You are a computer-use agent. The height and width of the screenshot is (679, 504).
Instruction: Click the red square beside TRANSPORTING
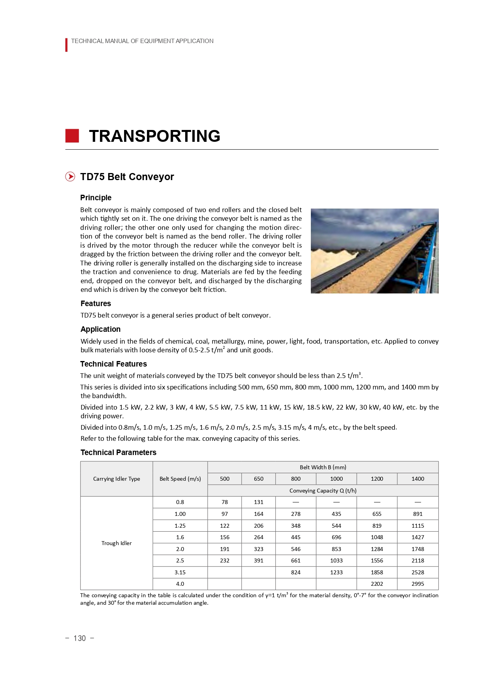click(x=72, y=136)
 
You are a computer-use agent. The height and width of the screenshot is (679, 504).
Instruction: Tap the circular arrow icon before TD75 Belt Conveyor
click(x=70, y=177)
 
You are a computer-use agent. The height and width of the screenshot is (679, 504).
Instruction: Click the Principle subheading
click(x=96, y=197)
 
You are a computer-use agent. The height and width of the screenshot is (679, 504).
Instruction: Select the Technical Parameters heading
click(x=118, y=452)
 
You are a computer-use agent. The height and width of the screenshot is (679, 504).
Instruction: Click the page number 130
click(x=79, y=638)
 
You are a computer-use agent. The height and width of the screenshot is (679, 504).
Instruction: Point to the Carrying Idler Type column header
click(x=117, y=479)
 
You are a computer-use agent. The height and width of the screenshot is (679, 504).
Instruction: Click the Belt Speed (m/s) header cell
click(x=180, y=479)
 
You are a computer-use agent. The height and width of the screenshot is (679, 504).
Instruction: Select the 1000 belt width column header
click(x=336, y=479)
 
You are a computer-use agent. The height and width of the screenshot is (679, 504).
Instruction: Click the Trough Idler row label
click(x=117, y=543)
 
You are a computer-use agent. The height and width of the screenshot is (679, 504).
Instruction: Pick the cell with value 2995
click(x=417, y=584)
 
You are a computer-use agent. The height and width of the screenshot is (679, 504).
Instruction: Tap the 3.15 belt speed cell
click(x=180, y=572)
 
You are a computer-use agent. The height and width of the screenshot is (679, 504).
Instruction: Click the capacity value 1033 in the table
click(x=336, y=561)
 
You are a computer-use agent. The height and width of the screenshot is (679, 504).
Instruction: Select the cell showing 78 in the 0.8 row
click(x=225, y=502)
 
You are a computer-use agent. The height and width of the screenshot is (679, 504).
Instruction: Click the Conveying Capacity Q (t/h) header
click(x=323, y=491)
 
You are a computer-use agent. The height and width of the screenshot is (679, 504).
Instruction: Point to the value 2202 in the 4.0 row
click(x=377, y=584)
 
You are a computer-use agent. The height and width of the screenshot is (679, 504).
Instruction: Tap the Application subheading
click(x=100, y=329)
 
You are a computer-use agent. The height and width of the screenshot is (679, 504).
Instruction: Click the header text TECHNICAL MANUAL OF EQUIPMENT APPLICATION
click(x=142, y=41)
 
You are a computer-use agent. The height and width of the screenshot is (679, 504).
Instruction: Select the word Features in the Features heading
click(x=96, y=303)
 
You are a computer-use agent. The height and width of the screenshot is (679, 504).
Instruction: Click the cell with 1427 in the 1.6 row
click(x=417, y=537)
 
